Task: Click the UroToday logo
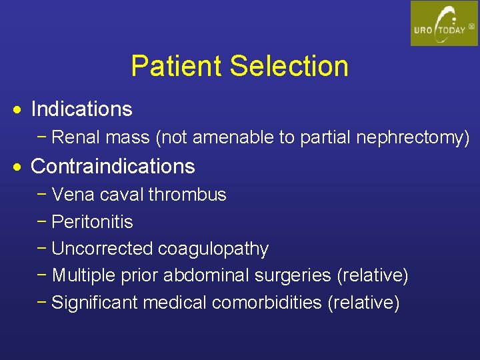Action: pos(444,23)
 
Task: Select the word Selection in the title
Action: pos(289,66)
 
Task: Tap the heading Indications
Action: pos(81,109)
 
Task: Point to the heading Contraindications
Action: pos(113,166)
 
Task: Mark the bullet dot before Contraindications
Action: pos(21,167)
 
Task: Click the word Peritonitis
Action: pos(92,221)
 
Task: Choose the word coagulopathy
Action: pos(213,249)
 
